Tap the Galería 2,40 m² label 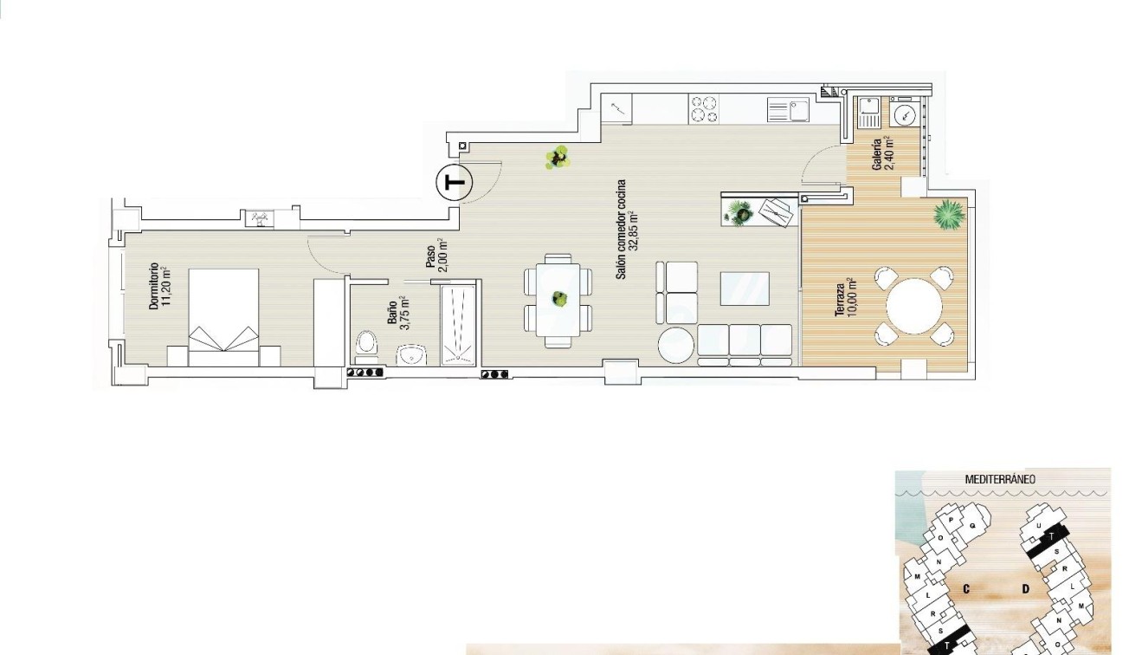pyautogui.click(x=883, y=154)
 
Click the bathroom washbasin pyautogui.click(x=411, y=355)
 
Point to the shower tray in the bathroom pyautogui.click(x=459, y=322)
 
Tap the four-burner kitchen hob pyautogui.click(x=703, y=109)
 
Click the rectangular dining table pyautogui.click(x=558, y=300)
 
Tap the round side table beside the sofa pyautogui.click(x=676, y=346)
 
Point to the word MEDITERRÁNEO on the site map pyautogui.click(x=1000, y=479)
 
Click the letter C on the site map pyautogui.click(x=964, y=589)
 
